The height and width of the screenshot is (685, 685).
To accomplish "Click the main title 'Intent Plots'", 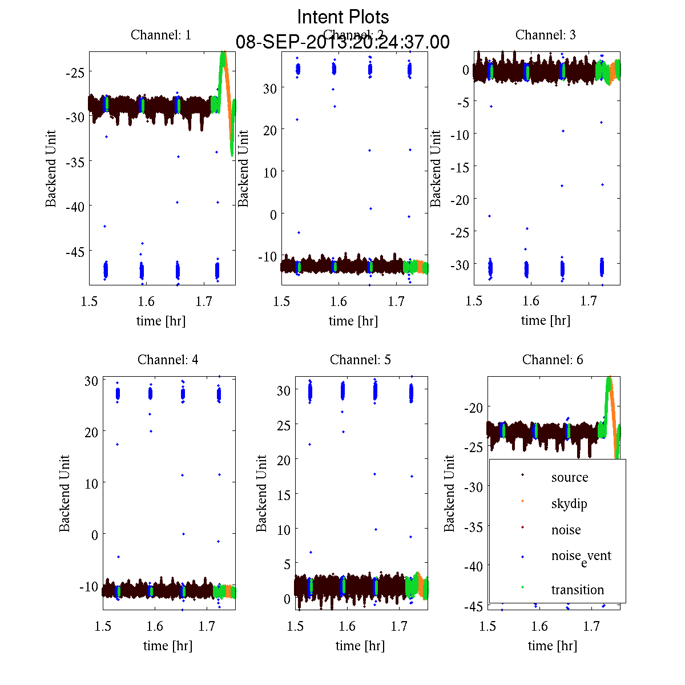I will point(343,17).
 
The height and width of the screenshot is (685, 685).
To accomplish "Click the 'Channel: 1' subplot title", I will point(161,35).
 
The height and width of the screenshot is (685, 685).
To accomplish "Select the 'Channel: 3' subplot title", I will point(545,35).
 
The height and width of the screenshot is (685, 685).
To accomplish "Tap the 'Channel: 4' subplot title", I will point(168,360).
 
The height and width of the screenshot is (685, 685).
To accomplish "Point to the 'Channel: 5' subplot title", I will point(360,360).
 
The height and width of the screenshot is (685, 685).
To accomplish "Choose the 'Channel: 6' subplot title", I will point(553,360).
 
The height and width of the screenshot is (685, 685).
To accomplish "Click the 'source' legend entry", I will point(569,477).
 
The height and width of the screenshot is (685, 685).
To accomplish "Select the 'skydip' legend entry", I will point(569,503).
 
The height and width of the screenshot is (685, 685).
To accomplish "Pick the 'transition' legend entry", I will point(577,590).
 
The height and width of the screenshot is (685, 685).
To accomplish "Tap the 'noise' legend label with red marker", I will point(566,530).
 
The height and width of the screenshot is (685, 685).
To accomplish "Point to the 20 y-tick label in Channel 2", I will point(269,130).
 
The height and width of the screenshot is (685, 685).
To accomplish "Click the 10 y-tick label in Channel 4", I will point(91,483).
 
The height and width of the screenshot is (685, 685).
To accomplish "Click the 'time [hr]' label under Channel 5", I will point(360,646).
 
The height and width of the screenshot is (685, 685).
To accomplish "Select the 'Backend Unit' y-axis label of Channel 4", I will point(65,493).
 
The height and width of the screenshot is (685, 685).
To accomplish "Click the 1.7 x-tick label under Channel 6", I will point(591,626).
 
